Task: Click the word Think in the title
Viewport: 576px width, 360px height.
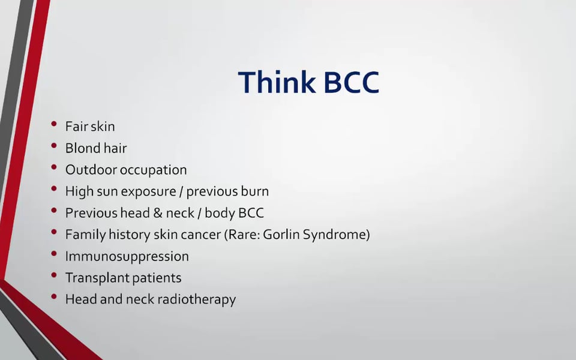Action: pos(277,82)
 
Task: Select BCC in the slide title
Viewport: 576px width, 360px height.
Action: pos(352,82)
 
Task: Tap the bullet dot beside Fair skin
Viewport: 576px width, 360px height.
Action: pos(54,124)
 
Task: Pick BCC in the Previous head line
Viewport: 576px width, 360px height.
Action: pos(251,213)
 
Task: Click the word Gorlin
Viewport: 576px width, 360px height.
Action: pos(281,235)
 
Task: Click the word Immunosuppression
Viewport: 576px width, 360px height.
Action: pos(127,257)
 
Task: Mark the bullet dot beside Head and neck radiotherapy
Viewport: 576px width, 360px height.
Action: pos(54,297)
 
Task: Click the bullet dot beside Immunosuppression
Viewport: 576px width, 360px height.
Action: pos(54,253)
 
